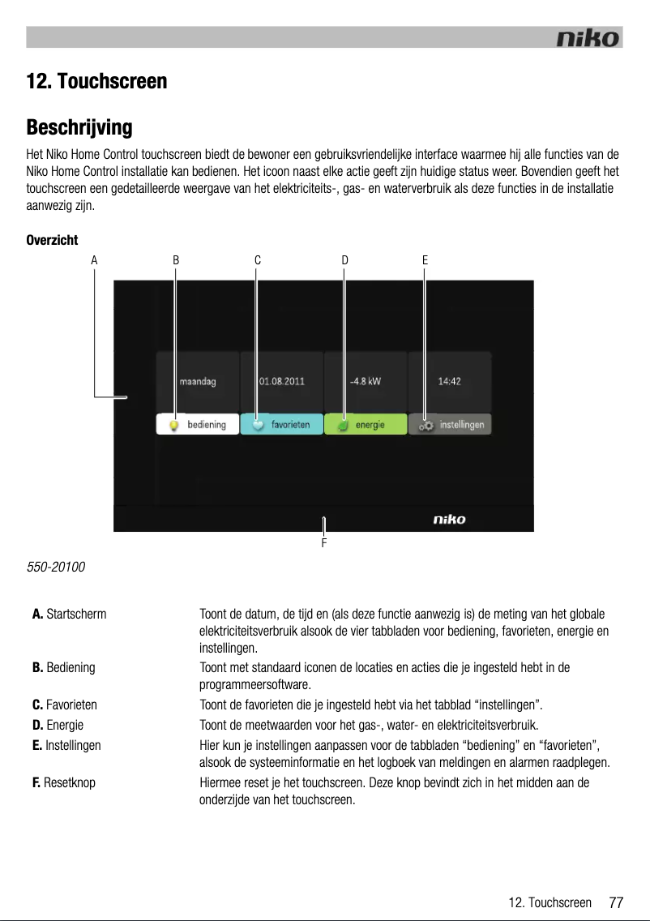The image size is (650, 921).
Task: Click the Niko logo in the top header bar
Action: point(588,38)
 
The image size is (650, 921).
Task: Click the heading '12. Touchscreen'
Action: point(96,82)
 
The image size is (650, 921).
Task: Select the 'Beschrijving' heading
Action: point(79,128)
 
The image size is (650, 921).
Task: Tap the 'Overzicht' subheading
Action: point(52,241)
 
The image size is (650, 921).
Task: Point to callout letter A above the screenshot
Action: point(94,260)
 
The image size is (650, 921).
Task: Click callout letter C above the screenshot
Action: point(257,260)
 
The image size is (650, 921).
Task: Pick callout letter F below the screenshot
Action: point(323,542)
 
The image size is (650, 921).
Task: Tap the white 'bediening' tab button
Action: point(198,425)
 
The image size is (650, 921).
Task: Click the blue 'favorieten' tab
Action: point(282,425)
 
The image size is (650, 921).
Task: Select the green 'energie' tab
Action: point(366,425)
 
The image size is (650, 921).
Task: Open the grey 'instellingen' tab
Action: point(451,425)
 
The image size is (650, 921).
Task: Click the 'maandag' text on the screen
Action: point(198,381)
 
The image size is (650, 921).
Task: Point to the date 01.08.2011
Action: point(281,381)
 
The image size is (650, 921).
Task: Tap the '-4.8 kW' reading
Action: point(365,381)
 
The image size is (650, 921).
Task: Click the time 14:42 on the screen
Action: point(449,381)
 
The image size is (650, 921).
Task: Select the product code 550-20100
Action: point(58,563)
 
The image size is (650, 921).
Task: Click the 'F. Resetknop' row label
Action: point(63,783)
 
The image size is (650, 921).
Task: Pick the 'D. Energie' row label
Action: point(58,724)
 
